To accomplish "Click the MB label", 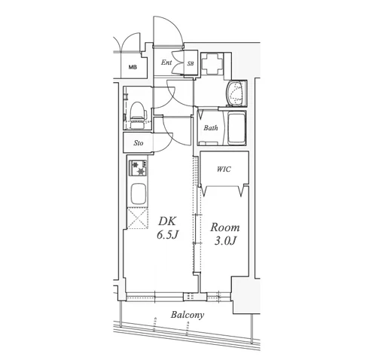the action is coord(133,67).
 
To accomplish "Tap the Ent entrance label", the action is coord(166,62).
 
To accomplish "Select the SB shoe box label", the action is coord(191,64).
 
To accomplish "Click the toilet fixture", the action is coord(138,114).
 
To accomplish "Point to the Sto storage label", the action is coord(139,143).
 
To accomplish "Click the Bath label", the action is coord(211,128).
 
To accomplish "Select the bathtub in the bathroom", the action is coord(236,128).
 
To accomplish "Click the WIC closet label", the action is coord(224,169).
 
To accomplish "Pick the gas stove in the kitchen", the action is coord(138,168).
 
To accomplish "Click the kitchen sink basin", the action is coord(138,194).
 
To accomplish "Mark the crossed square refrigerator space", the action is coord(137,218).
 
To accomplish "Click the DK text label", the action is coord(167,221).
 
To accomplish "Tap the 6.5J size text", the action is coord(167,235).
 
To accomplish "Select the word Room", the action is coord(225,227).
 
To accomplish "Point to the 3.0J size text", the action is coord(225,241).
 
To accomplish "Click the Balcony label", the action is coord(187,315).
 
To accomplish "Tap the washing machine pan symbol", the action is coord(212,63).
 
